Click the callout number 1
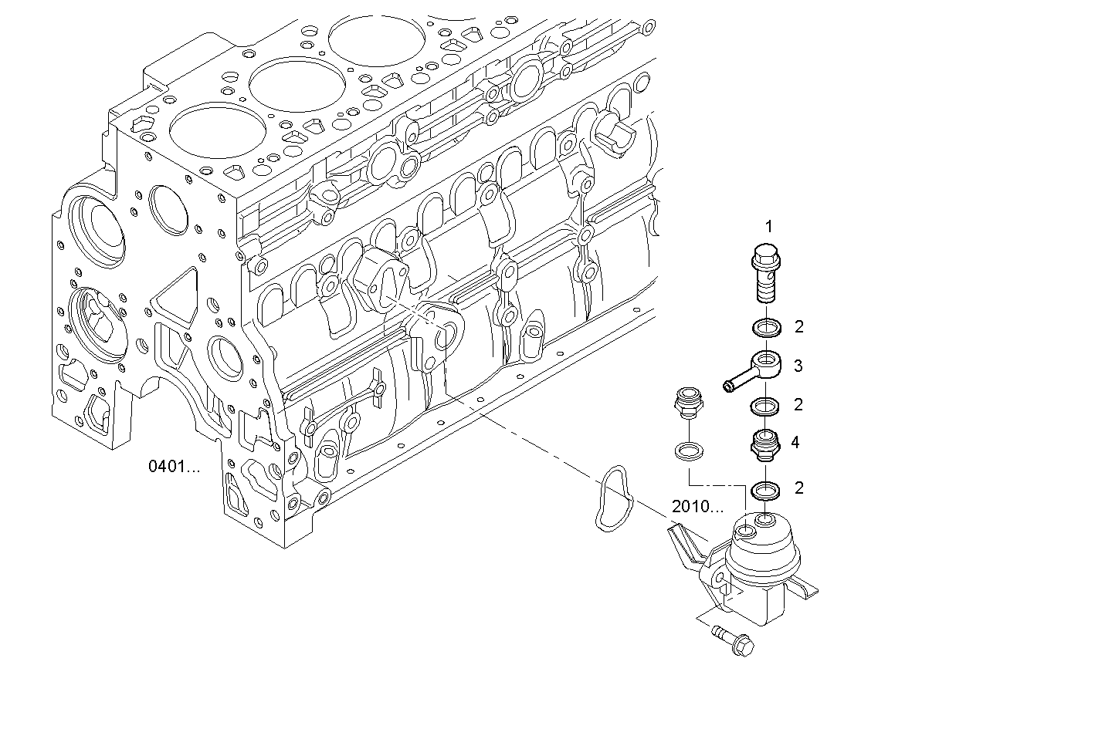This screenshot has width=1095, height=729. pos(768,226)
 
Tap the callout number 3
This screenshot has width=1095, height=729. pos(798,366)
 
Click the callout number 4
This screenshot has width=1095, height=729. pos(795,443)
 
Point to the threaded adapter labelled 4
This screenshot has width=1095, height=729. pos(764,445)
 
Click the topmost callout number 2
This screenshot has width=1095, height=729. pos(798,327)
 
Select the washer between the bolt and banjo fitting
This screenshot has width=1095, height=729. pos(765,328)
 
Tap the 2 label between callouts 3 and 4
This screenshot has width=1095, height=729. pos(798,404)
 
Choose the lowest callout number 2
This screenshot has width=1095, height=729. pos(798,488)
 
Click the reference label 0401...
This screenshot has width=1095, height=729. pos(174,467)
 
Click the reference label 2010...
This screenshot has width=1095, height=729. pos(697,507)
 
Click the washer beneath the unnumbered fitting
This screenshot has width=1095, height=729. pos(686,450)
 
